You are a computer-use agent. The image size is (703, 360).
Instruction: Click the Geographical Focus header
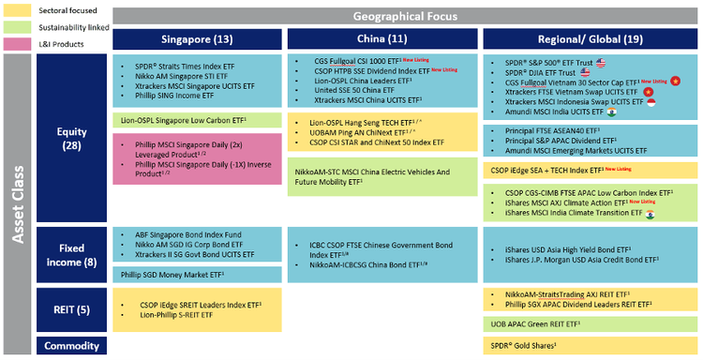pyautogui.click(x=406, y=16)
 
